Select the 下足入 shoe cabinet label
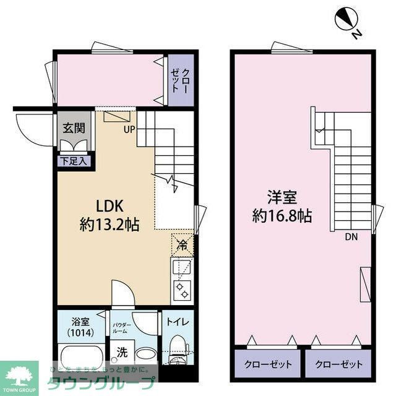tap(74, 161)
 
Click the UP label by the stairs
tap(129, 129)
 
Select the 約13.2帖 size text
tap(110, 225)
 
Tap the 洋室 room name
tap(282, 198)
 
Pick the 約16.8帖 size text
tap(282, 217)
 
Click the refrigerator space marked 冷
tap(183, 245)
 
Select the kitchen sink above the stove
tap(183, 267)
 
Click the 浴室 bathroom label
tap(81, 321)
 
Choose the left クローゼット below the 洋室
tap(267, 364)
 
